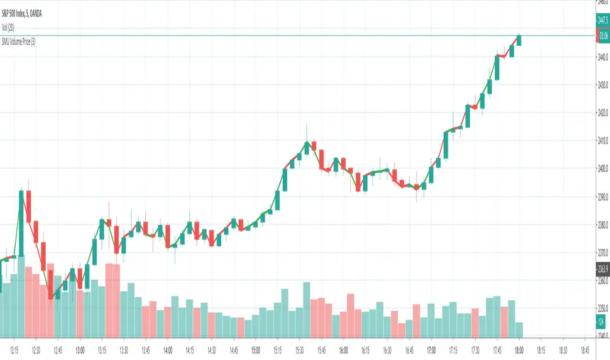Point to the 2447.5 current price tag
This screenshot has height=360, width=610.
601,20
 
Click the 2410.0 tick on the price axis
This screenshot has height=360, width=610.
601,140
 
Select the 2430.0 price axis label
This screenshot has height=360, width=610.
601,84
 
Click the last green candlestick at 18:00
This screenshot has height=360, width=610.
519,40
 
